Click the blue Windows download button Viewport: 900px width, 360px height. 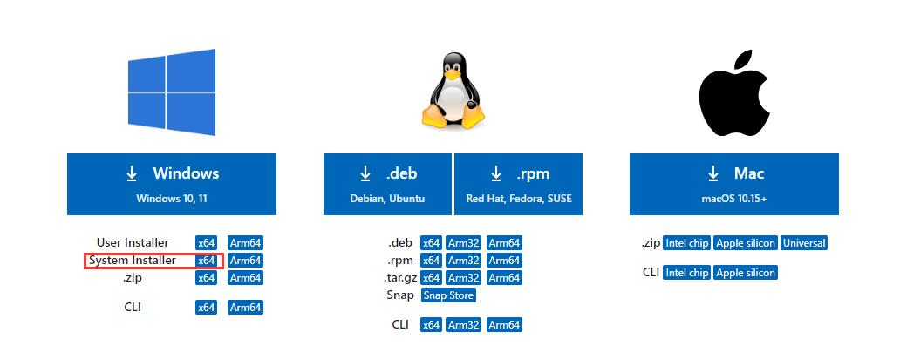coord(172,183)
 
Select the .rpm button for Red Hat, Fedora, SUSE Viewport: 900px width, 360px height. coord(519,183)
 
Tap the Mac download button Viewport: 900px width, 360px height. coord(733,183)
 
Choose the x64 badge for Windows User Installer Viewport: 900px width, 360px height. coord(206,243)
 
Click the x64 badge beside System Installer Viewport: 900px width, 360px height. coord(206,261)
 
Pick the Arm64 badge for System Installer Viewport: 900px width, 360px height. coord(245,261)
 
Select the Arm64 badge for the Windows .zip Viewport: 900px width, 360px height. coord(245,278)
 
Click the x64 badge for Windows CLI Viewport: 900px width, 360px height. coord(206,308)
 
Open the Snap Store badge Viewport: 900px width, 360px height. coord(448,295)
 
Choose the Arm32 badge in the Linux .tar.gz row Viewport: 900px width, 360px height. coord(464,278)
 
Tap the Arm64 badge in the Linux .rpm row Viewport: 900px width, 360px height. coord(504,261)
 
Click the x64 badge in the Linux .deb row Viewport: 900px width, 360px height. coord(431,243)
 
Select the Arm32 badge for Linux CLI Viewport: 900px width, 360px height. coord(464,325)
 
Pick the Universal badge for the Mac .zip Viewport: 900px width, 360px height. coord(804,243)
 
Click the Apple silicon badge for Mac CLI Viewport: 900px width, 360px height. coord(745,273)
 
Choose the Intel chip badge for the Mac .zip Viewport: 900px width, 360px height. coord(686,243)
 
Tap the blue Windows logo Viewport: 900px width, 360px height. coord(171,92)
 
